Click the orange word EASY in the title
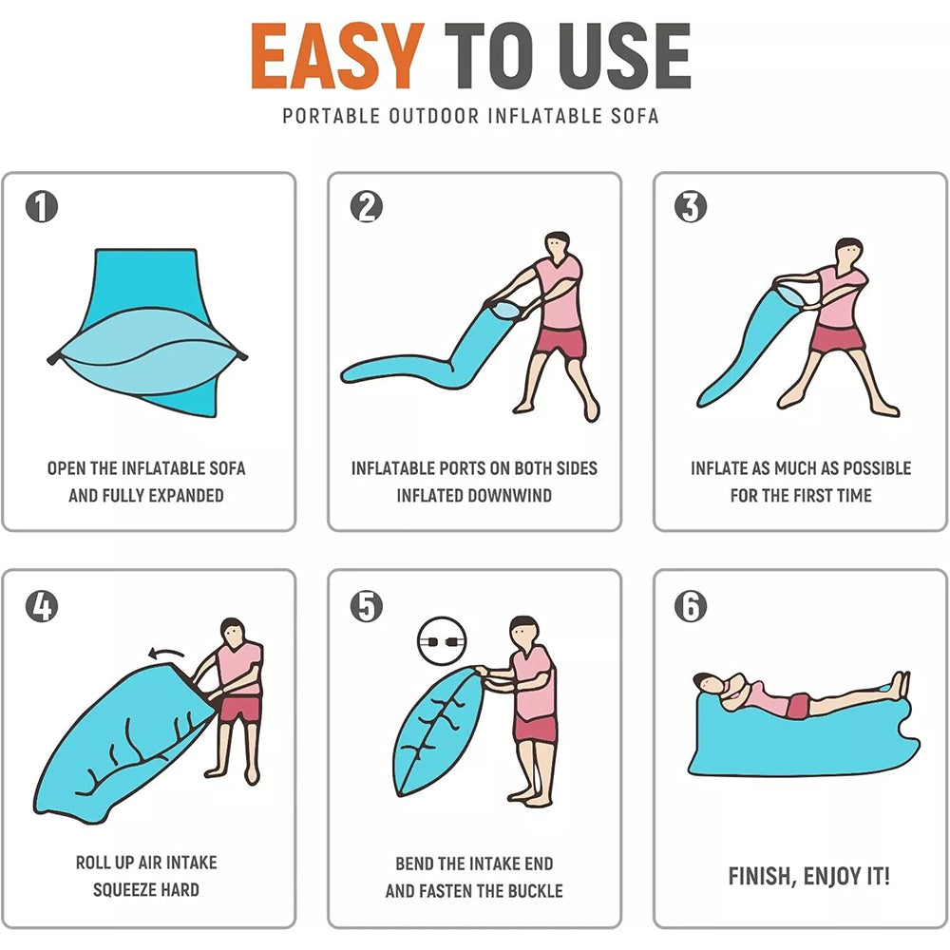(x=337, y=56)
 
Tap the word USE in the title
(x=625, y=56)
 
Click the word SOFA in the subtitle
(x=635, y=116)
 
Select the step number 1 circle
(x=42, y=206)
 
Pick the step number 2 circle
(x=367, y=206)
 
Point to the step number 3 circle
(x=691, y=206)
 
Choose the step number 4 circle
(x=42, y=606)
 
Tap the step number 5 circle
(x=367, y=606)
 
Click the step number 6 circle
(x=691, y=606)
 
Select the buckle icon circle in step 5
(x=442, y=641)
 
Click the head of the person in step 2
(x=558, y=245)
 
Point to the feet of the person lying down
(x=899, y=685)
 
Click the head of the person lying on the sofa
(x=706, y=682)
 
